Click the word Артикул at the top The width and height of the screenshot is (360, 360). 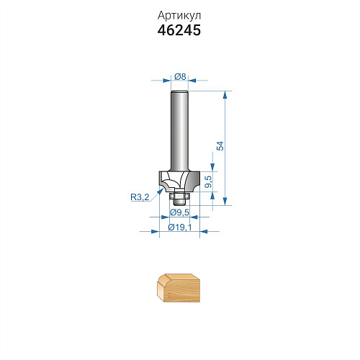[179, 16]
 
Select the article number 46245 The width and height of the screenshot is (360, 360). [179, 30]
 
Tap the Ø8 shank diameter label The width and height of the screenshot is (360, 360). [180, 76]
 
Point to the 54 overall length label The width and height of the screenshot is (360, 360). [220, 146]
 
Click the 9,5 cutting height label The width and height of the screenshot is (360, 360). [209, 181]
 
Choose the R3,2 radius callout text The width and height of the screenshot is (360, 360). [140, 197]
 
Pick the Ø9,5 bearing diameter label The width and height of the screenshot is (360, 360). [179, 212]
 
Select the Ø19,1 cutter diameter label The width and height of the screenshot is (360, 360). [180, 227]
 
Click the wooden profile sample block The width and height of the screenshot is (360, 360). [179, 288]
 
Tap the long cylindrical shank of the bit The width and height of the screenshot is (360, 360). [179, 131]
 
